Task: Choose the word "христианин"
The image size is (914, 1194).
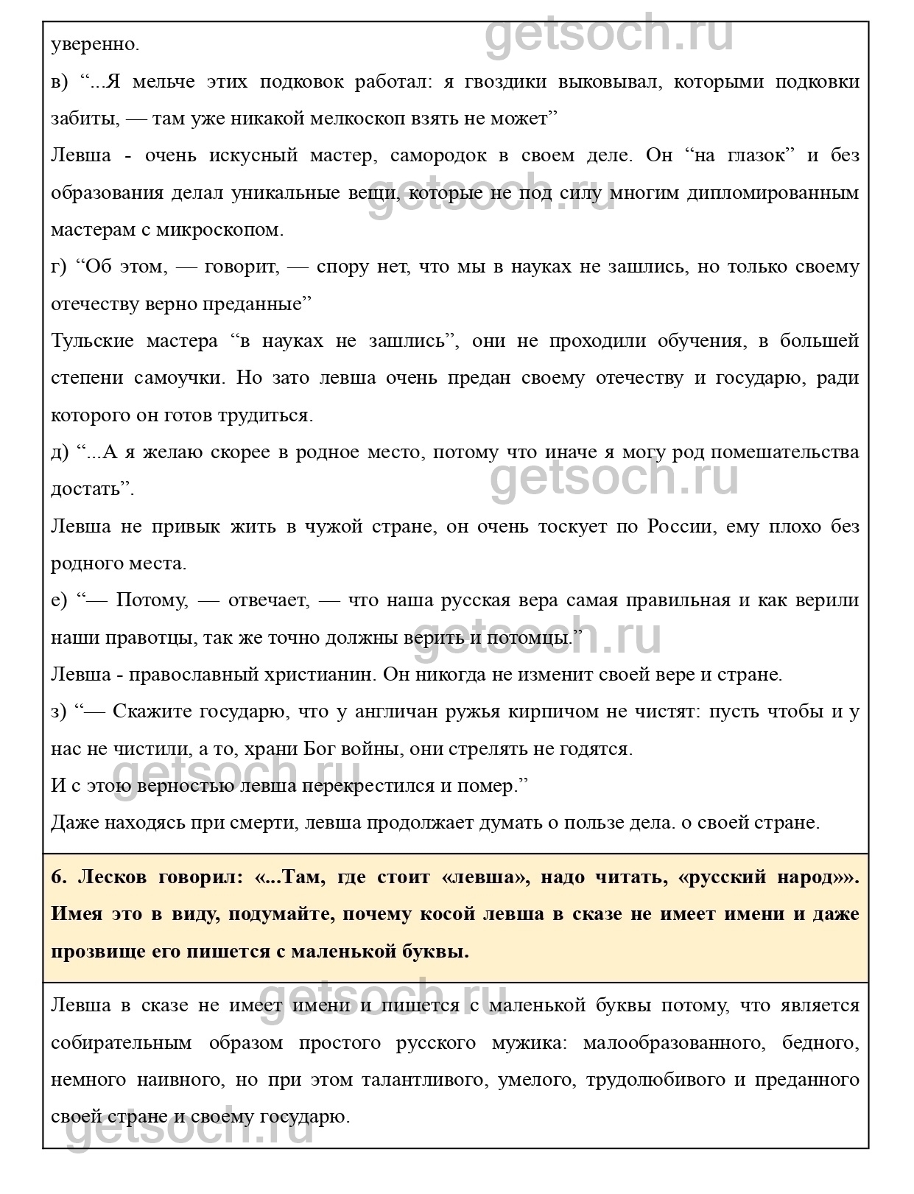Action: (x=345, y=675)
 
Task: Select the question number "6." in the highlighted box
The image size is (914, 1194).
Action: (x=59, y=877)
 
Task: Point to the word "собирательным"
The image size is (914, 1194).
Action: (x=121, y=1043)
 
